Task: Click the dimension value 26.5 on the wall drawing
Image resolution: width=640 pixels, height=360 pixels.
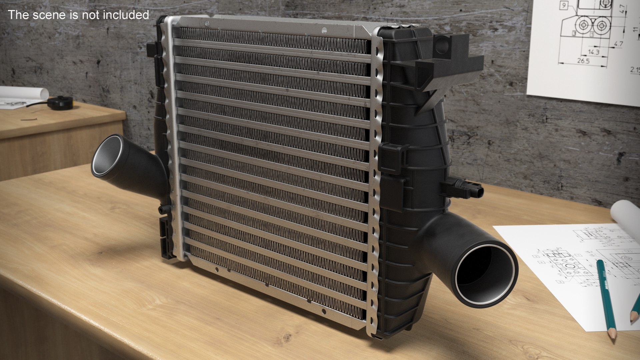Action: (583, 61)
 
